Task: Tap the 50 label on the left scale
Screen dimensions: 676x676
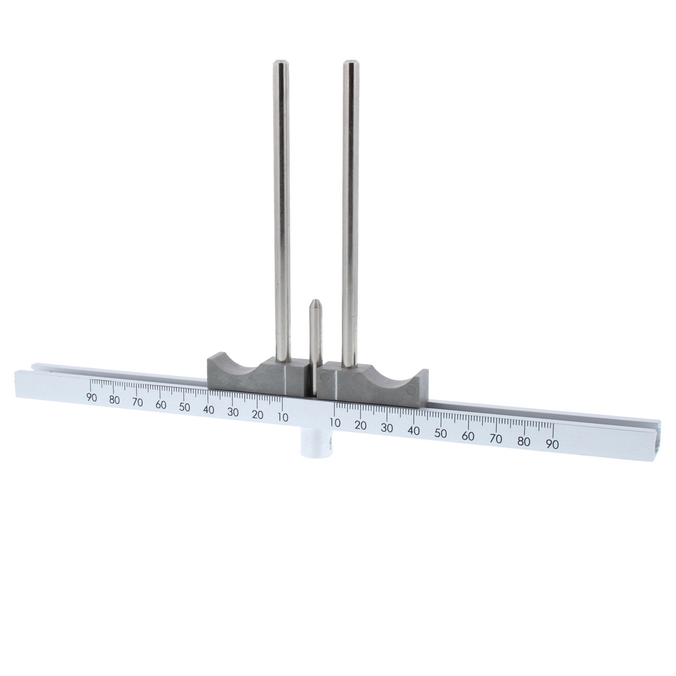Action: (x=184, y=407)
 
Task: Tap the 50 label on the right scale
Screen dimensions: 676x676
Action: (x=441, y=433)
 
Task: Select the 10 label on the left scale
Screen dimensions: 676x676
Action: (x=282, y=417)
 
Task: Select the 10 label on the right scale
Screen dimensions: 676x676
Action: (x=335, y=422)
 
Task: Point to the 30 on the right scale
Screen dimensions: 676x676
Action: (x=387, y=428)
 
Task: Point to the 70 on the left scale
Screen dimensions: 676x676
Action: (x=137, y=403)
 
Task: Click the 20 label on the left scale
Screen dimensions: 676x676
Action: (x=257, y=415)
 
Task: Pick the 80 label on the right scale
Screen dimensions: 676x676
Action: (x=524, y=441)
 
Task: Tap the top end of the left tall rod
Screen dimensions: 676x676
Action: (x=280, y=63)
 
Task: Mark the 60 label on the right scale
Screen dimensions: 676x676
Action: (x=468, y=436)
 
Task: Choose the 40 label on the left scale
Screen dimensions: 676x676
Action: (x=208, y=410)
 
